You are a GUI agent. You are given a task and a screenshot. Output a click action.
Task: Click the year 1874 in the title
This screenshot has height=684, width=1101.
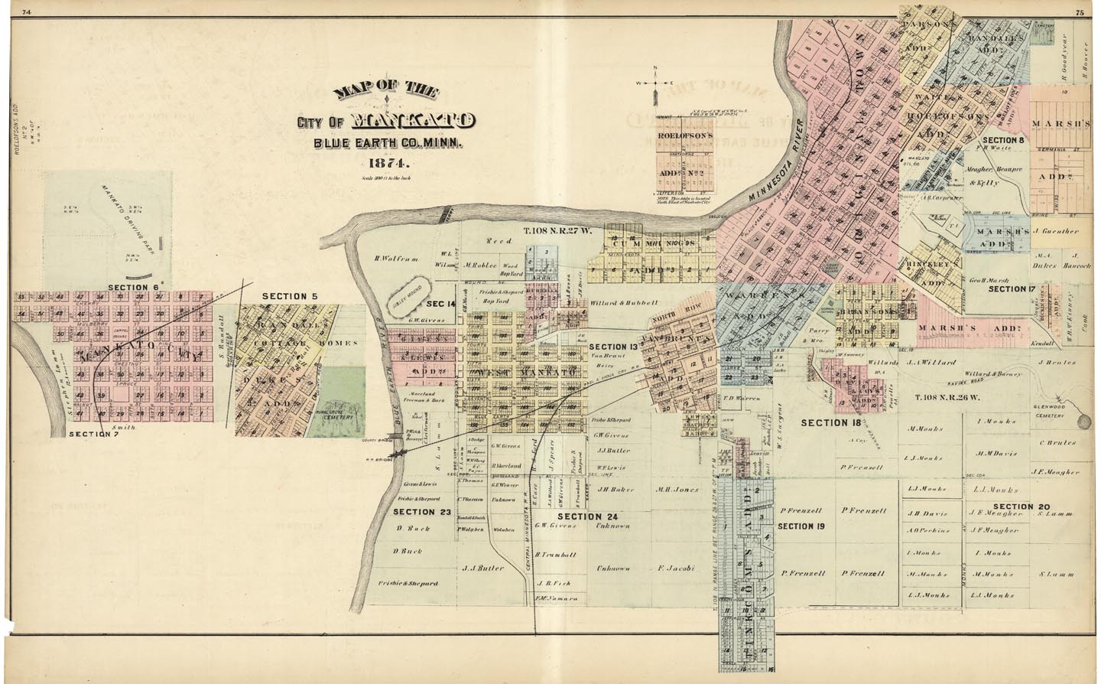(389, 163)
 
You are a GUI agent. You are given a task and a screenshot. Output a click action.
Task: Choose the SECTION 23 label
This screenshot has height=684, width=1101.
(422, 512)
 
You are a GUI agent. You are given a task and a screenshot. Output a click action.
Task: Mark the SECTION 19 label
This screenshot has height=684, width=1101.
(801, 526)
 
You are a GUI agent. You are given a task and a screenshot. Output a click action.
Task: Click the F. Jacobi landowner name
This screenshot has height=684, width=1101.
(675, 568)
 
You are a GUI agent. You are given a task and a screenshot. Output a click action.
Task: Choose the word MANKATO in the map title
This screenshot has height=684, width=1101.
(413, 121)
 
